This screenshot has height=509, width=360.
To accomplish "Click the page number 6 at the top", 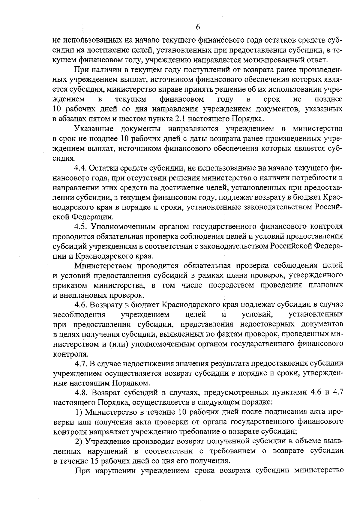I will (x=198, y=27).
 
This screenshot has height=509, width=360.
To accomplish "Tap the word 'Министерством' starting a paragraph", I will (x=103, y=266).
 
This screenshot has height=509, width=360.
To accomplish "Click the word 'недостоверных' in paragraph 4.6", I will (x=264, y=324).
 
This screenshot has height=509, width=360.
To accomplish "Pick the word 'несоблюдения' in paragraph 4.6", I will (x=79, y=315).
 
